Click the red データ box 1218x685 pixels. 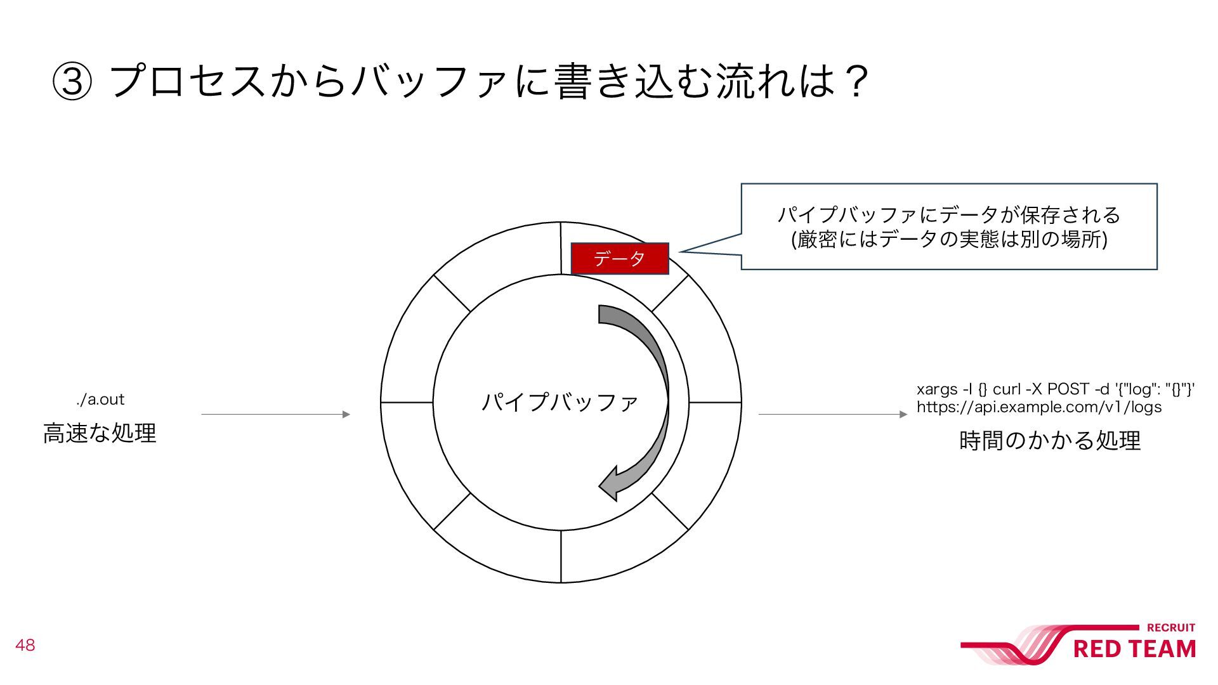(620, 258)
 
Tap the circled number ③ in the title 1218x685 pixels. (72, 82)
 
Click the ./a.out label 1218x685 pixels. (100, 400)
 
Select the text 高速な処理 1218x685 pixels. (100, 433)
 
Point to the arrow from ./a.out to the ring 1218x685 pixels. (275, 415)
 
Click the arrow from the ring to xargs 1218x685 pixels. (832, 415)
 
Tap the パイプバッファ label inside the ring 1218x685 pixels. (560, 402)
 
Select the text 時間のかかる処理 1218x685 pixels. (1050, 440)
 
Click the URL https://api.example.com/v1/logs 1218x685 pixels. (1039, 407)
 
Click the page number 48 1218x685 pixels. (25, 646)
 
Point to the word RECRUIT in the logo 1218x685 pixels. (1171, 628)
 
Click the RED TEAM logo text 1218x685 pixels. (1134, 649)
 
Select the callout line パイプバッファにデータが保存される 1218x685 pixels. (949, 215)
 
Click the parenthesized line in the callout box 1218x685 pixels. (949, 240)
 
